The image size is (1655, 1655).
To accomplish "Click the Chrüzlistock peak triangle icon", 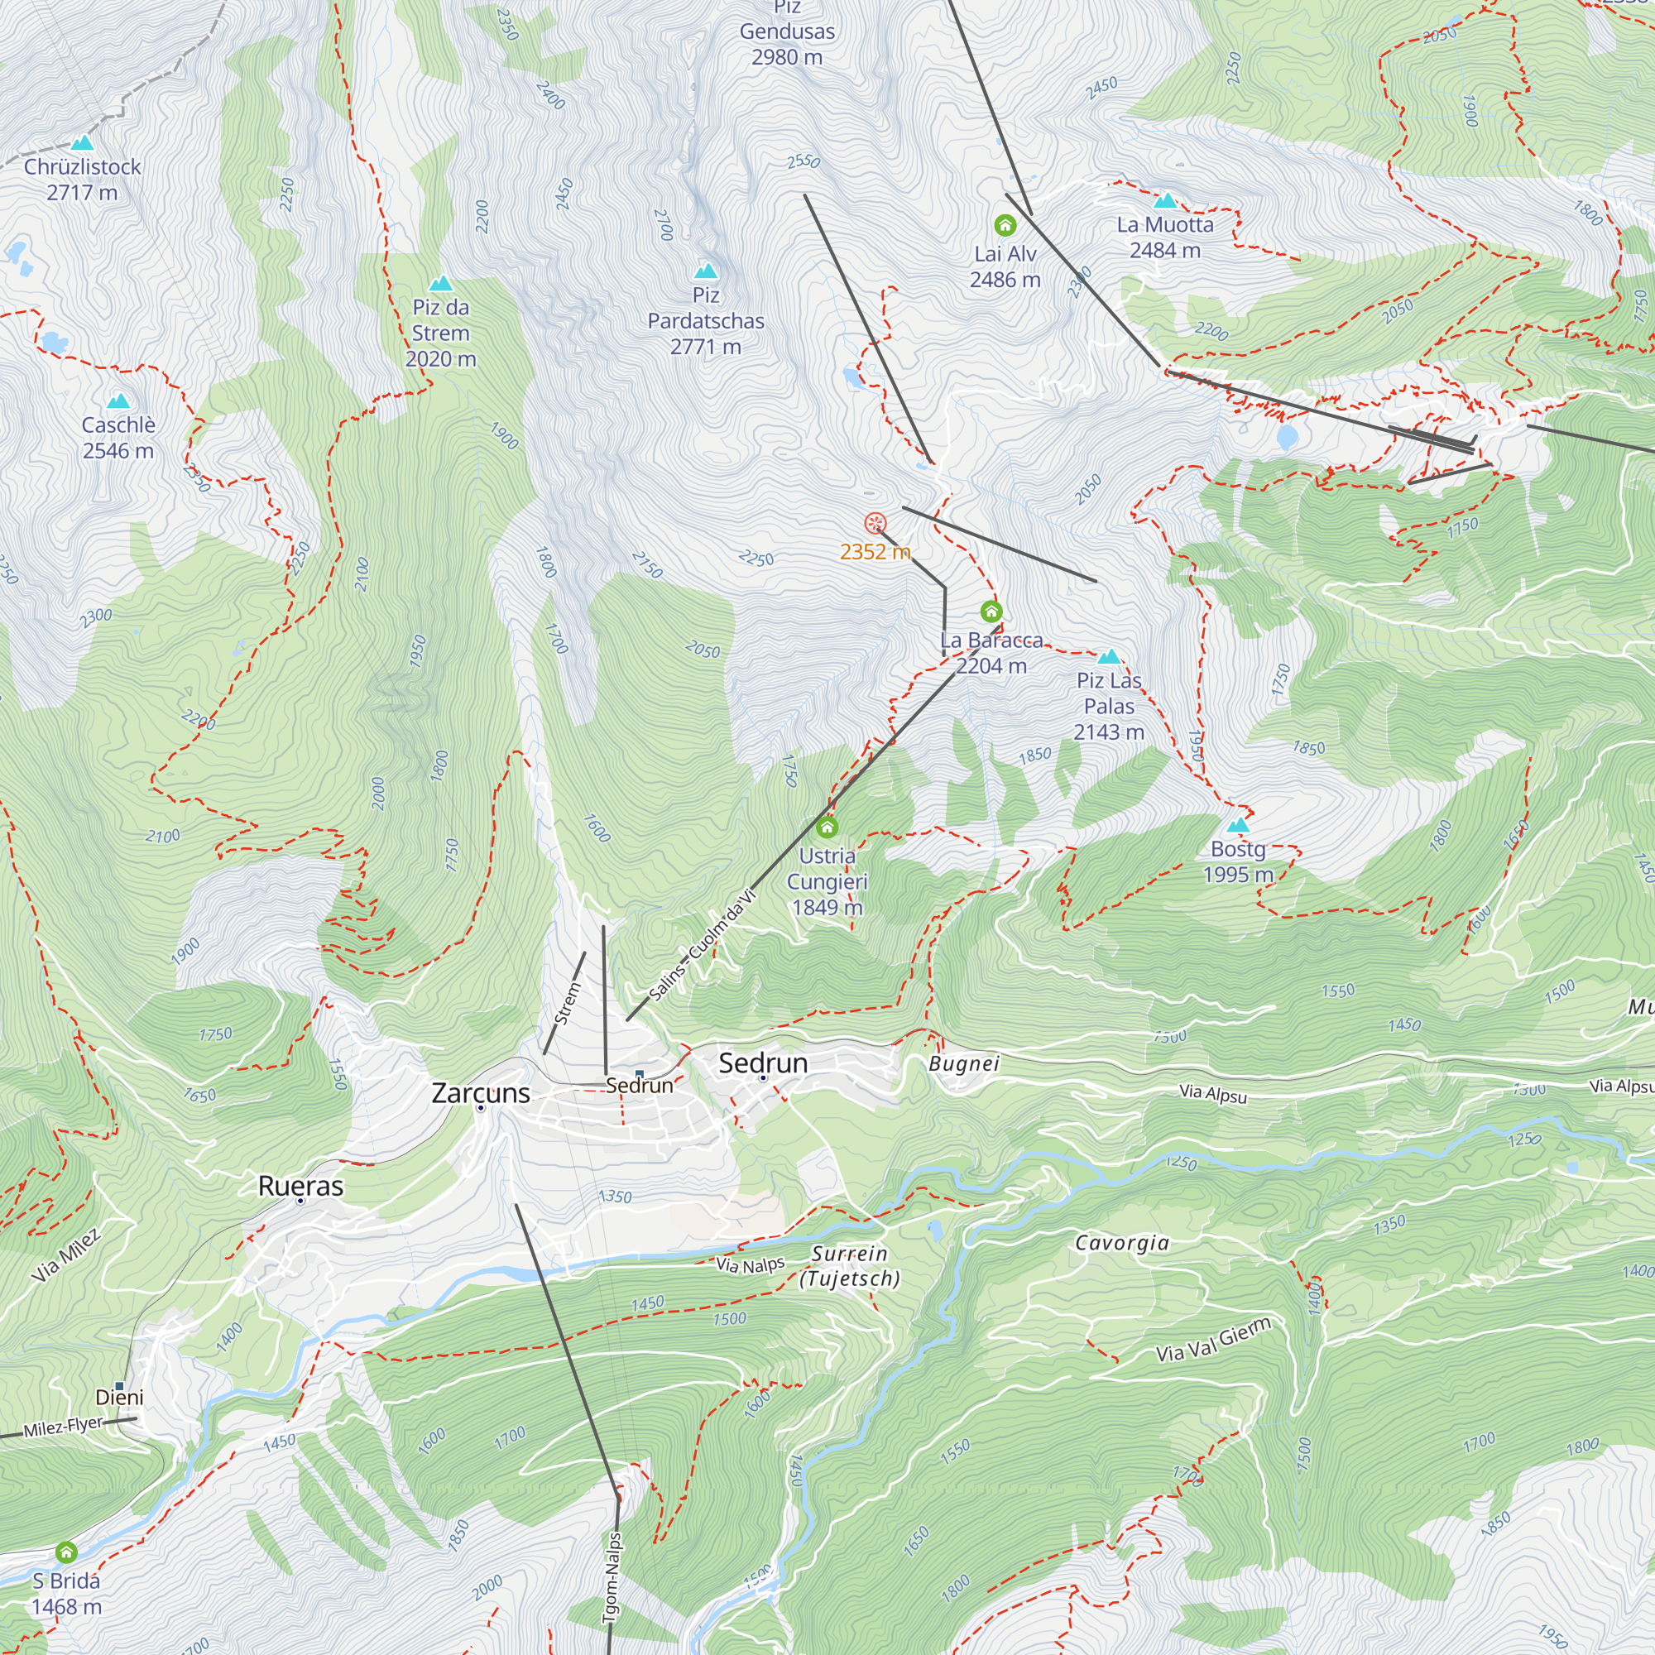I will (82, 143).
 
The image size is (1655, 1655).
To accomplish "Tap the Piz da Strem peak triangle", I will (440, 284).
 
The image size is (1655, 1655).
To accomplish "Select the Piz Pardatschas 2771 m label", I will (705, 321).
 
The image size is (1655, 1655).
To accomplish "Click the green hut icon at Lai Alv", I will (1005, 225).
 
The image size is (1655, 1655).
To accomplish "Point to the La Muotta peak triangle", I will (1165, 201).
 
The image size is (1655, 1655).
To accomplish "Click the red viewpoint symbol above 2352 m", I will (875, 522).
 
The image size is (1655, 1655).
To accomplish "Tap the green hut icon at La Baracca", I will (991, 612).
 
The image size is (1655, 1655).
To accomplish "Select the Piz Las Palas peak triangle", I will (1109, 657).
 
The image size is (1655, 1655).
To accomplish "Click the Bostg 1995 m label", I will (1238, 861).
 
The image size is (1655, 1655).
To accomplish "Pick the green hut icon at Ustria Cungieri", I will (827, 827).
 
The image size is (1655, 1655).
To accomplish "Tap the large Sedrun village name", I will (762, 1063).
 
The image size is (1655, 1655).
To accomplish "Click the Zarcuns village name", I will (481, 1093).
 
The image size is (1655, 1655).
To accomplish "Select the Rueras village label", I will (300, 1187).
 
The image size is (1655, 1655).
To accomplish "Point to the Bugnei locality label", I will (964, 1064).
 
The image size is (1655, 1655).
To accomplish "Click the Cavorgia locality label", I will (1121, 1243).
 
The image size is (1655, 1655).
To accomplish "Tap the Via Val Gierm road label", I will (1213, 1341).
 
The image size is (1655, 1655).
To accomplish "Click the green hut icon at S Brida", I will (66, 1552).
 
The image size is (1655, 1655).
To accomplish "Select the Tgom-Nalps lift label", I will (612, 1576).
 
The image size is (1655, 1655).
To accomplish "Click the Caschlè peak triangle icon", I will (118, 401).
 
